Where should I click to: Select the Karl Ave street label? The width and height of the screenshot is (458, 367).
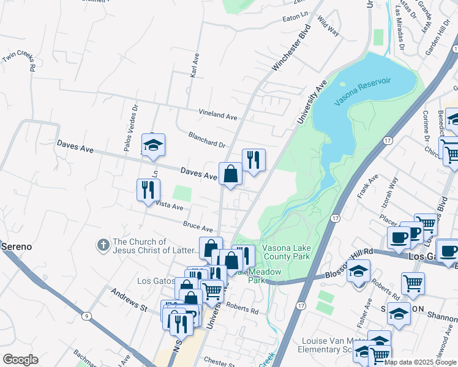(x=195, y=64)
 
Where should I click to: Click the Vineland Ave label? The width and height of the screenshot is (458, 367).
(x=217, y=115)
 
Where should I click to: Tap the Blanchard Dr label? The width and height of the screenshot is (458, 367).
(x=208, y=140)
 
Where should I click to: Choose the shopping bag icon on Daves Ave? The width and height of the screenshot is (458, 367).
(x=231, y=174)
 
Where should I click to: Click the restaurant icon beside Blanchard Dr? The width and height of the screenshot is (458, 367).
(x=253, y=160)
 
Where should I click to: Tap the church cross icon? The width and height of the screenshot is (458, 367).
(x=103, y=245)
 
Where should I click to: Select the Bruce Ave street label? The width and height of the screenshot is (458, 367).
(x=198, y=226)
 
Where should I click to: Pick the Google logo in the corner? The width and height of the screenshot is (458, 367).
(x=20, y=360)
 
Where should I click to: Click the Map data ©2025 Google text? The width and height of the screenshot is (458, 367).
(x=419, y=362)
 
